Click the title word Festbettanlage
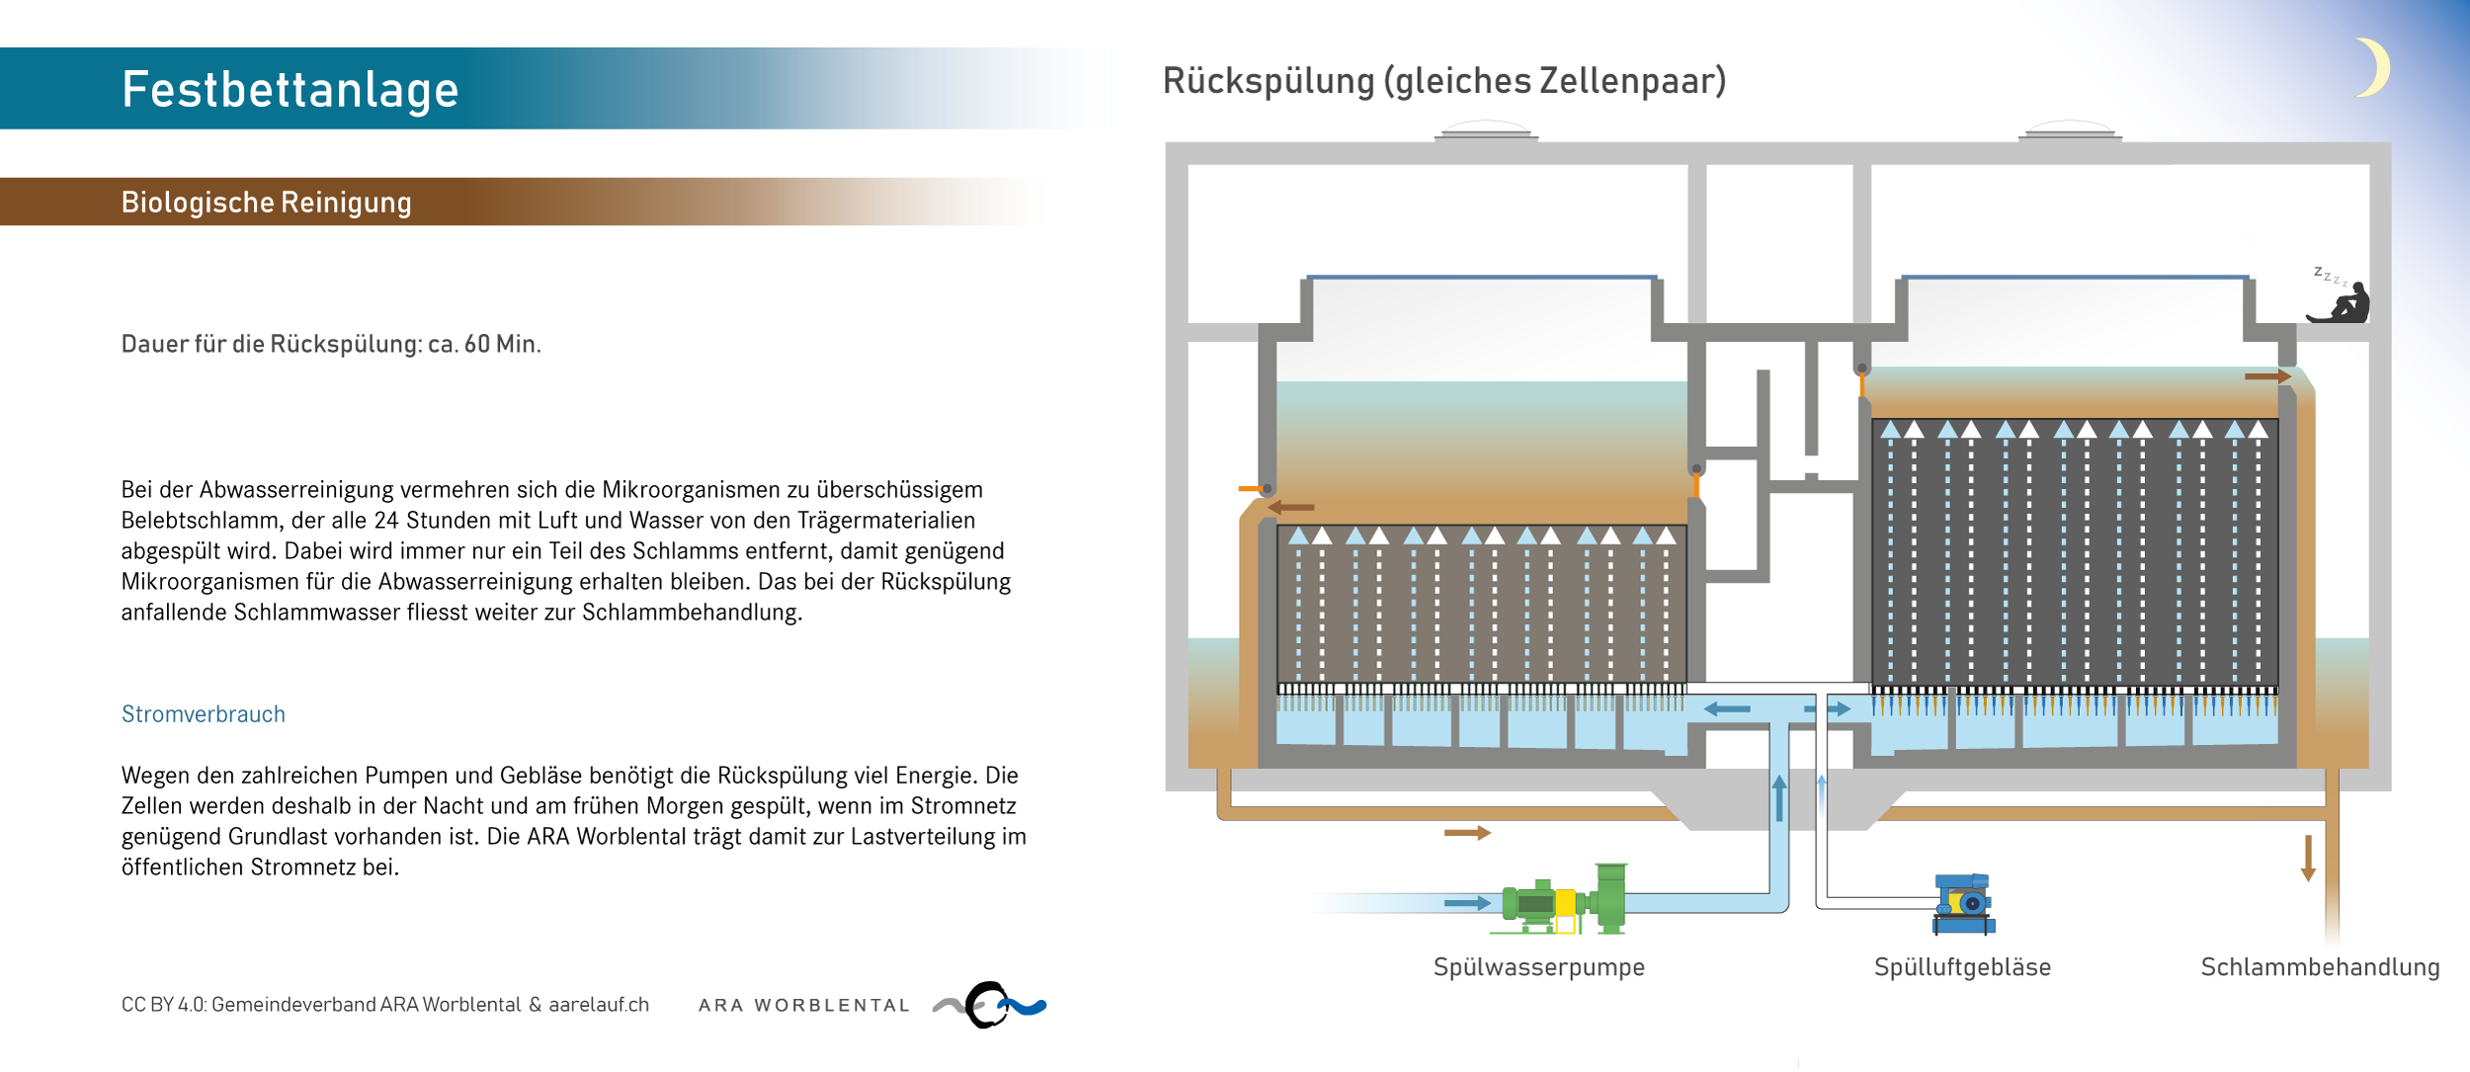click(289, 90)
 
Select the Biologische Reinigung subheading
click(266, 203)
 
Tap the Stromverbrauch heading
click(203, 714)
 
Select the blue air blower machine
click(1963, 903)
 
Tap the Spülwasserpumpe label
click(1538, 967)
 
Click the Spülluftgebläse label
click(1962, 967)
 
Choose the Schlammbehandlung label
click(2320, 967)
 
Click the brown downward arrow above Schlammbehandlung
click(2308, 858)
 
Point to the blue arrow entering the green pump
click(1466, 903)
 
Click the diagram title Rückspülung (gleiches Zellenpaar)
click(1443, 81)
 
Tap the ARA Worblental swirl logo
click(990, 1005)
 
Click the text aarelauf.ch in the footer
click(599, 1005)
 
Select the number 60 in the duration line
click(476, 344)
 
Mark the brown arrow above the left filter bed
click(1291, 507)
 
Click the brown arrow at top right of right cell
click(2266, 376)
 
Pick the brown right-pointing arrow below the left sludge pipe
click(1466, 833)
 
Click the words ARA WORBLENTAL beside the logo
click(803, 1006)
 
